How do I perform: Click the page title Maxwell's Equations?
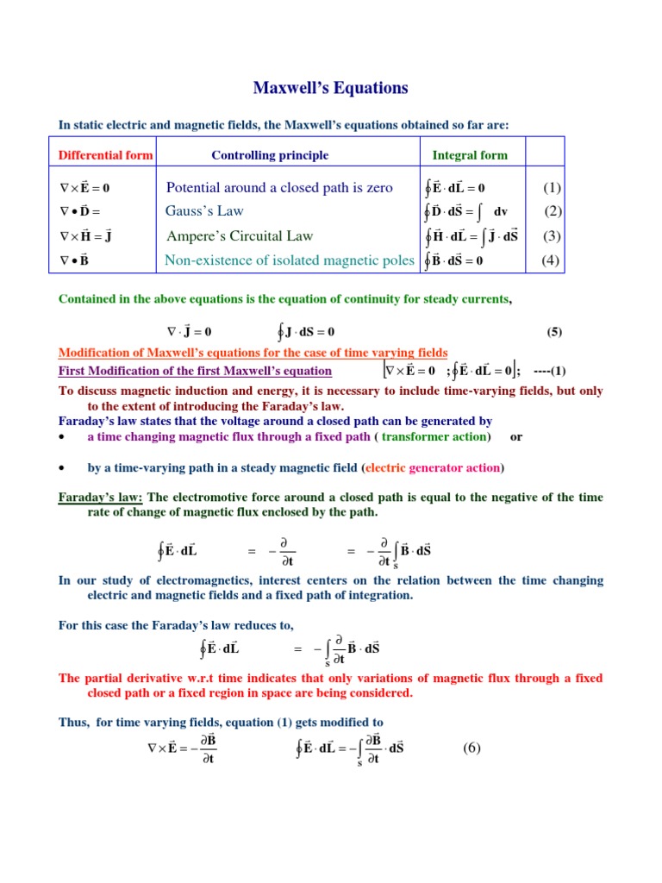(x=330, y=88)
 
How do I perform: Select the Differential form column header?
(x=105, y=155)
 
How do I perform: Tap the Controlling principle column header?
(x=270, y=155)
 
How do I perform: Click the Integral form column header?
(x=470, y=155)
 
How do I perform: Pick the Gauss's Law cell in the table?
(x=204, y=211)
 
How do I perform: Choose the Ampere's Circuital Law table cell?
(x=239, y=236)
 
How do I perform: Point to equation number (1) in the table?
(x=552, y=187)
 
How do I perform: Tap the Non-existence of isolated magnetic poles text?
(x=290, y=260)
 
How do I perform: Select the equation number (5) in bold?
(x=554, y=332)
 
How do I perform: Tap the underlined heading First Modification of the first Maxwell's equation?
(x=195, y=371)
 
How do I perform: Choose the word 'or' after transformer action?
(x=516, y=436)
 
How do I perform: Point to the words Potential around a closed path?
(x=249, y=187)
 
